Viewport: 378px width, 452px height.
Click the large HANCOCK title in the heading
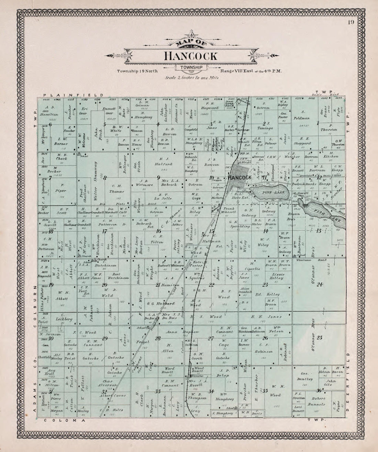point(190,56)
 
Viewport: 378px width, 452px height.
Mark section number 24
point(320,284)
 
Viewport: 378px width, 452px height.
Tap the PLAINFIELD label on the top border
point(72,95)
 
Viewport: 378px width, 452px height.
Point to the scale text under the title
point(192,78)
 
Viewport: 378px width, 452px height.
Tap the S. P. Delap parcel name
point(224,373)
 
